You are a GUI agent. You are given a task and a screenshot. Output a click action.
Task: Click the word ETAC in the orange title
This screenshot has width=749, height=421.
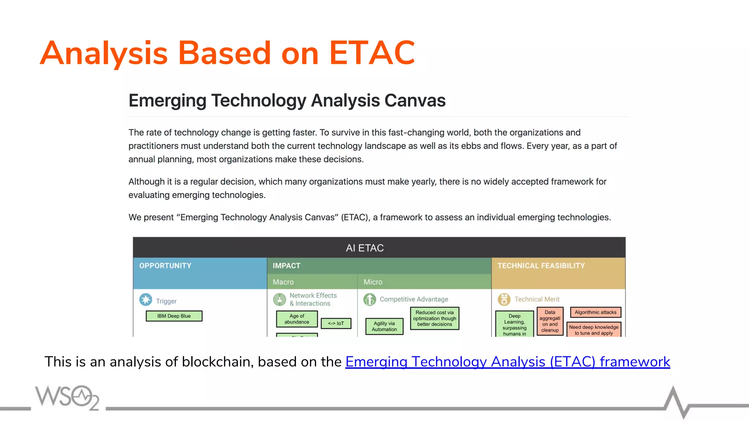[372, 53]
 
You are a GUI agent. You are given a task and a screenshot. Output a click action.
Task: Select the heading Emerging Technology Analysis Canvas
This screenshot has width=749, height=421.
[287, 100]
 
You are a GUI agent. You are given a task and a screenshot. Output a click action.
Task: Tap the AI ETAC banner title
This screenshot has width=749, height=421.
[365, 248]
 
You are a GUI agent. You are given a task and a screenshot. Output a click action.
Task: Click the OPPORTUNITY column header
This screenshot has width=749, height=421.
[165, 266]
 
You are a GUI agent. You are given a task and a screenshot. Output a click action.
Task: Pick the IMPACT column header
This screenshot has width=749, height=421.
[286, 266]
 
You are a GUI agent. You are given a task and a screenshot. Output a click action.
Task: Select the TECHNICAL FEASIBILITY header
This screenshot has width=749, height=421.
[541, 266]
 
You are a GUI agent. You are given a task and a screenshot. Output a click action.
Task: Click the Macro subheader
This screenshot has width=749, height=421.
[283, 282]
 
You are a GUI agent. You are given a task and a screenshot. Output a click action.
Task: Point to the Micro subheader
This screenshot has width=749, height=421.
[373, 282]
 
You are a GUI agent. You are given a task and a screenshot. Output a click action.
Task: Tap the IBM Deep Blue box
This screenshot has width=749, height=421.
[174, 316]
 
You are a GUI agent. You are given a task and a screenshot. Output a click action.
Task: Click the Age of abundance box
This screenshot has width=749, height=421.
[297, 319]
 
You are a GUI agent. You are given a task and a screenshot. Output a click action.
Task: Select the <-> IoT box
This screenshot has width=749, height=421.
[336, 323]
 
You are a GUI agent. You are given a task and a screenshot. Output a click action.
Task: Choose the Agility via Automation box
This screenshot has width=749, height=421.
[384, 326]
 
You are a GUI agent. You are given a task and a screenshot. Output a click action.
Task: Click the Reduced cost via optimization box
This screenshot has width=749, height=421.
[434, 318]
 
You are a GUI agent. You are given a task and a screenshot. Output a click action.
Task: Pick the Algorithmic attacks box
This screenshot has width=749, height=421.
[595, 312]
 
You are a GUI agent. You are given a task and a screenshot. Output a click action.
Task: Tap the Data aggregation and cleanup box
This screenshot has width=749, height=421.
[550, 321]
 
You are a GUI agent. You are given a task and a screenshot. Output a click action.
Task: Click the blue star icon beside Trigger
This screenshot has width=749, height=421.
[146, 300]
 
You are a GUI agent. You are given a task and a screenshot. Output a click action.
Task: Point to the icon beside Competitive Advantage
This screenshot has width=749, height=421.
[369, 299]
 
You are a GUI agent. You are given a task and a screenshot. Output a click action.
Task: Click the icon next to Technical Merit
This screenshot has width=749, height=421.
[504, 299]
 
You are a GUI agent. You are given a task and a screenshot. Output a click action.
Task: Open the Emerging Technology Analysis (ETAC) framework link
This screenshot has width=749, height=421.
[507, 362]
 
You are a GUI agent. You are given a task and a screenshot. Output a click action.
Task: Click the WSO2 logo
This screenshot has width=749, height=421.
[67, 397]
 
